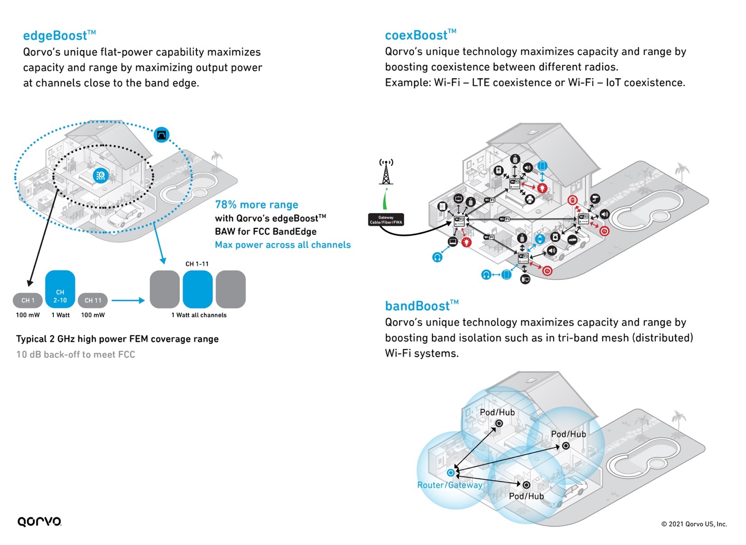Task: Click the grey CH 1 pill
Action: click(x=28, y=300)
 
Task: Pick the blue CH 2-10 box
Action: click(x=60, y=289)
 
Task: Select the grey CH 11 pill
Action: click(x=93, y=300)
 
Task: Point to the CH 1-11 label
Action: click(x=197, y=264)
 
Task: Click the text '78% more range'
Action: click(x=256, y=204)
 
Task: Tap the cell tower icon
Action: click(x=386, y=172)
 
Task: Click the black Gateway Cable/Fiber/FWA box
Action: click(x=386, y=220)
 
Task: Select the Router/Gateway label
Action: click(x=449, y=485)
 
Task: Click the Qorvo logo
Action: click(x=39, y=521)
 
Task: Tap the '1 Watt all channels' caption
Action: click(x=198, y=315)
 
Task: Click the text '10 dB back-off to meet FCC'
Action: click(x=76, y=355)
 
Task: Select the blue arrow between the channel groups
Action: click(x=128, y=300)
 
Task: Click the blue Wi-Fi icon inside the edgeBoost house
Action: click(x=100, y=175)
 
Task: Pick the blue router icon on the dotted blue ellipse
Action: click(x=161, y=134)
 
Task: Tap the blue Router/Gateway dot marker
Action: click(x=450, y=473)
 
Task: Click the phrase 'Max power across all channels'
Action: click(x=283, y=245)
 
